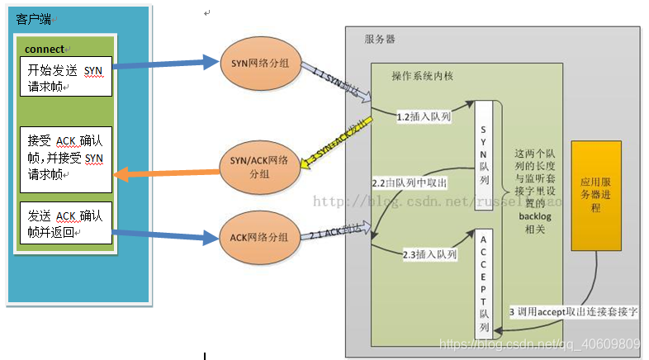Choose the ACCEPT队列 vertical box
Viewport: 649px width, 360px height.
click(x=484, y=281)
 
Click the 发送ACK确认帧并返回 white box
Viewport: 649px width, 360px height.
click(x=65, y=223)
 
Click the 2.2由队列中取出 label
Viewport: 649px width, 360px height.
click(x=410, y=181)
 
